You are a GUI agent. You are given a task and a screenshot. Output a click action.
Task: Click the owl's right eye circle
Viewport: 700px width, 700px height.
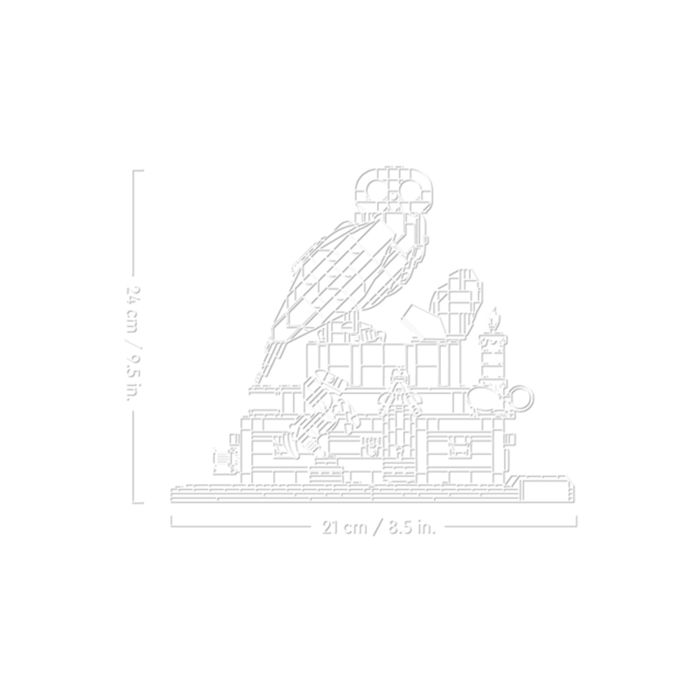point(410,192)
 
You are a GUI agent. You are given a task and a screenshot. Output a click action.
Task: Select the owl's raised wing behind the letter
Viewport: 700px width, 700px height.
point(457,304)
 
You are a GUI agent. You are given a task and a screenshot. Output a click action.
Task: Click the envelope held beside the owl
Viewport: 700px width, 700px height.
point(422,320)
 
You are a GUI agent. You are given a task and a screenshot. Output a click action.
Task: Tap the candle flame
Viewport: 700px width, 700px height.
point(493,319)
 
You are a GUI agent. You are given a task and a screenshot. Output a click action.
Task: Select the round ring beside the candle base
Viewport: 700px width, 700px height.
point(521,396)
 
